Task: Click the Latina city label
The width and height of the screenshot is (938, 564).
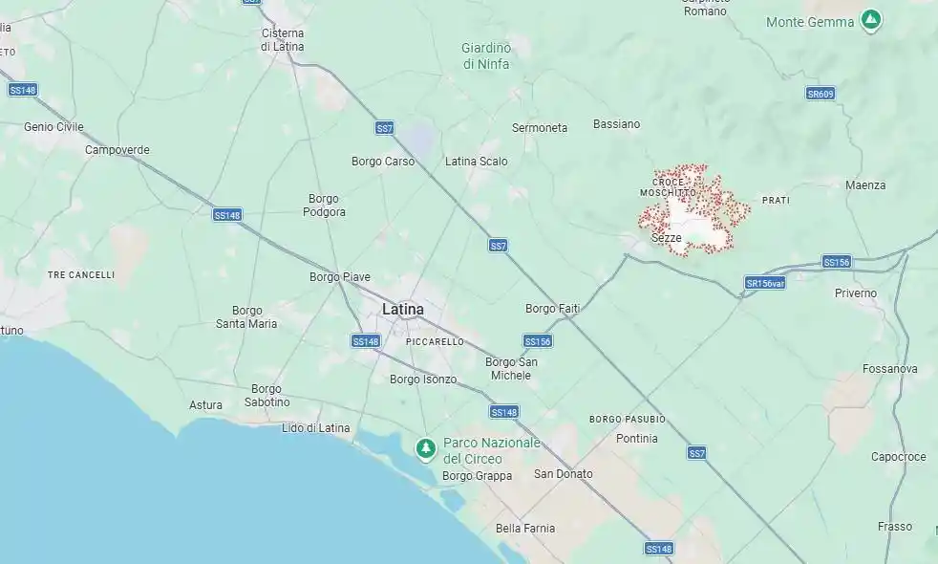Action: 402,310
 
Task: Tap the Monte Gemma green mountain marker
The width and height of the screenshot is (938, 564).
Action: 870,19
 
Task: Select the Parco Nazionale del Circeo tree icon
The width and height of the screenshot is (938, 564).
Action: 426,447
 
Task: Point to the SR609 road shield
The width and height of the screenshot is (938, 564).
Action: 820,94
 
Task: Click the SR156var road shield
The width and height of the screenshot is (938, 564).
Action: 764,283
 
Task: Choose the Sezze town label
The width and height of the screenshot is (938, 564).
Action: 666,237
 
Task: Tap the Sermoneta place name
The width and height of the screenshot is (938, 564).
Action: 540,127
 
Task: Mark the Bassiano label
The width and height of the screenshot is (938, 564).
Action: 616,124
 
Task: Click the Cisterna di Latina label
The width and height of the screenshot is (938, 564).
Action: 283,39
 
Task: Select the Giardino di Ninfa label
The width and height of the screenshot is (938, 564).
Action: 486,56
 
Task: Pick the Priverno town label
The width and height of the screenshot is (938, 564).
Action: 855,293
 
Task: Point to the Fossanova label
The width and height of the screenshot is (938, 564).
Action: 889,369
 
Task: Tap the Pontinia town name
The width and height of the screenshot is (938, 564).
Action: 637,439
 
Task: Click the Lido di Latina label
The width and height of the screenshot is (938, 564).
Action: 316,428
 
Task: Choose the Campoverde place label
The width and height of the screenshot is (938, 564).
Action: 117,150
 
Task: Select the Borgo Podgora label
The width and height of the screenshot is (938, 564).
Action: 324,206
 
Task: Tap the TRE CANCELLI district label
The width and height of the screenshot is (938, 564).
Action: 81,275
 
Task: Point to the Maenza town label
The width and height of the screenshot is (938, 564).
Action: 865,185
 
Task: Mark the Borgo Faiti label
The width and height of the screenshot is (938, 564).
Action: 553,309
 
